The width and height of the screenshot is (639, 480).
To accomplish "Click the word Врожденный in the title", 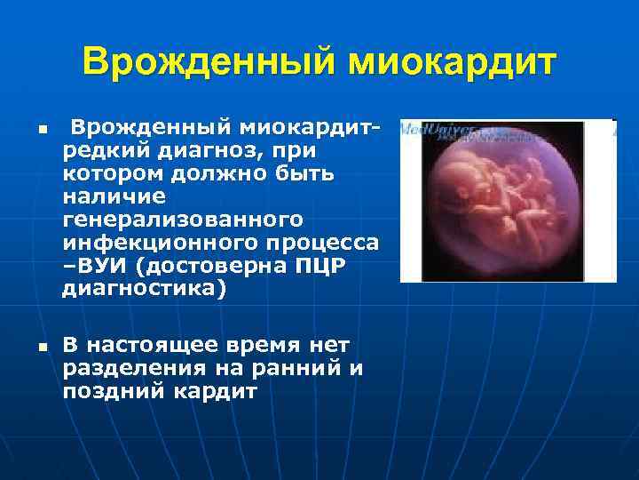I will [209, 62].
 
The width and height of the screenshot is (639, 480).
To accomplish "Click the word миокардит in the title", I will [453, 62].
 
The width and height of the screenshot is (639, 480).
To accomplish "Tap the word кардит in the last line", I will [214, 390].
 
